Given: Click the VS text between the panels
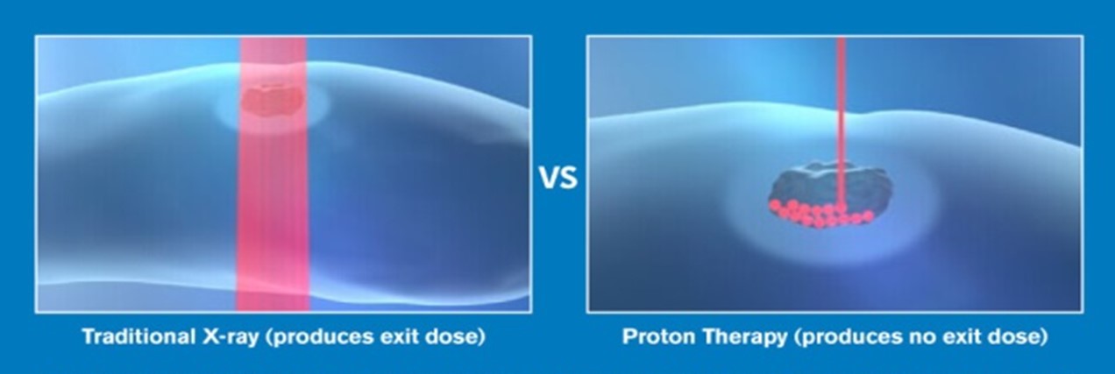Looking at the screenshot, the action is [558, 178].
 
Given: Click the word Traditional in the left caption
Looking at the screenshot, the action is [138, 336].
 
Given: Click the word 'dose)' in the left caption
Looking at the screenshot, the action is [453, 337].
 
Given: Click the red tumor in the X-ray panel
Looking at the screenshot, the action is [273, 98].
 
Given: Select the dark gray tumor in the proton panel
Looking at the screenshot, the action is [828, 187].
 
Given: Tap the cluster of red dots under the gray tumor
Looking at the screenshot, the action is [821, 214].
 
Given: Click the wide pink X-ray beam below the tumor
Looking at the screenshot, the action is [273, 214].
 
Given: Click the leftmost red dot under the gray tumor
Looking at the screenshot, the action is [775, 205].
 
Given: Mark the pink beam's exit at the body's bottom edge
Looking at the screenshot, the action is [273, 300].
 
